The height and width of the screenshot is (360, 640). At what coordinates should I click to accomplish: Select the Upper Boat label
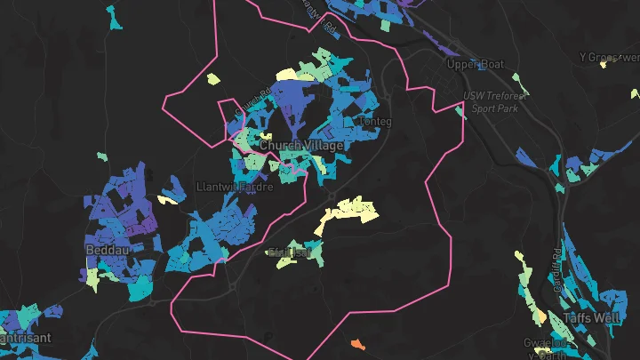tap(476, 64)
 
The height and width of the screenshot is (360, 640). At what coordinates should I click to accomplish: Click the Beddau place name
tap(104, 251)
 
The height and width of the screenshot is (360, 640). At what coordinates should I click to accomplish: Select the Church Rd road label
tap(254, 100)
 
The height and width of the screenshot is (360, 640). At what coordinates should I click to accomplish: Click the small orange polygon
tap(357, 343)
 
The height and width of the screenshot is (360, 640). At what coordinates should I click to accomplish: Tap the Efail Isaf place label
tap(290, 252)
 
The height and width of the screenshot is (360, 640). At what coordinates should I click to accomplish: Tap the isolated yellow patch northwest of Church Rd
tap(213, 78)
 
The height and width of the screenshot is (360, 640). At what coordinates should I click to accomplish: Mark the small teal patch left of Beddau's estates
tap(101, 157)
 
